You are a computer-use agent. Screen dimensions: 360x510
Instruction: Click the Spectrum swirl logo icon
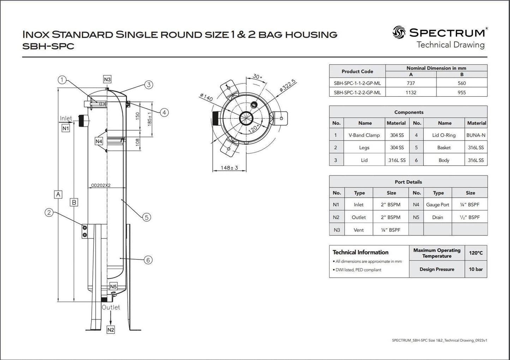[x=399, y=32]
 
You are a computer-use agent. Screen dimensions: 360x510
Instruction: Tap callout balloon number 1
[x=62, y=80]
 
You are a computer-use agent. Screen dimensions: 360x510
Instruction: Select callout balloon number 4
[x=164, y=113]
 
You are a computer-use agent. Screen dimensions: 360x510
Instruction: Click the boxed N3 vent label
[x=107, y=79]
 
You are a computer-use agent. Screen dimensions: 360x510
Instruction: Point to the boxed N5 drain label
[x=113, y=287]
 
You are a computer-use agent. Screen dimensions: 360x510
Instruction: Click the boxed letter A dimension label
[x=58, y=194]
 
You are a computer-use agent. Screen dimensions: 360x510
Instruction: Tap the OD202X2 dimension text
[x=101, y=185]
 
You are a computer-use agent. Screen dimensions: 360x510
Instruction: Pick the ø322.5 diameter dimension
[x=287, y=86]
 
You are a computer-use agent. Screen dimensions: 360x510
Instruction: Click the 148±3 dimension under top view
[x=229, y=168]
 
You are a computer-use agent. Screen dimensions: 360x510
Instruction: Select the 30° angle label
[x=257, y=77]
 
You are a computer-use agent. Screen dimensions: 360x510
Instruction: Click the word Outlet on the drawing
[x=111, y=307]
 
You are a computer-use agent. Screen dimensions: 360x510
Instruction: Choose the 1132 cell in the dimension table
[x=411, y=92]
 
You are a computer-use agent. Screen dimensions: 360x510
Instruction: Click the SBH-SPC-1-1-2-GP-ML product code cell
[x=357, y=83]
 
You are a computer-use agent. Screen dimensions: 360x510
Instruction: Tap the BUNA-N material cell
[x=476, y=135]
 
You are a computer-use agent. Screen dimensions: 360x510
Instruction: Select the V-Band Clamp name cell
[x=364, y=135]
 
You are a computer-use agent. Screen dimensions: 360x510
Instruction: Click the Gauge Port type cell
[x=438, y=205]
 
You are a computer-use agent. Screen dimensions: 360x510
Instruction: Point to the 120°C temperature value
[x=476, y=253]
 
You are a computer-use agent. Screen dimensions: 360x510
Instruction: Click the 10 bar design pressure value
[x=476, y=269]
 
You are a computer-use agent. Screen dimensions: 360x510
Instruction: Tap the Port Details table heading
[x=408, y=182]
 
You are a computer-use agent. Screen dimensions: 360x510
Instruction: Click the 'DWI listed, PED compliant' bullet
[x=358, y=270]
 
